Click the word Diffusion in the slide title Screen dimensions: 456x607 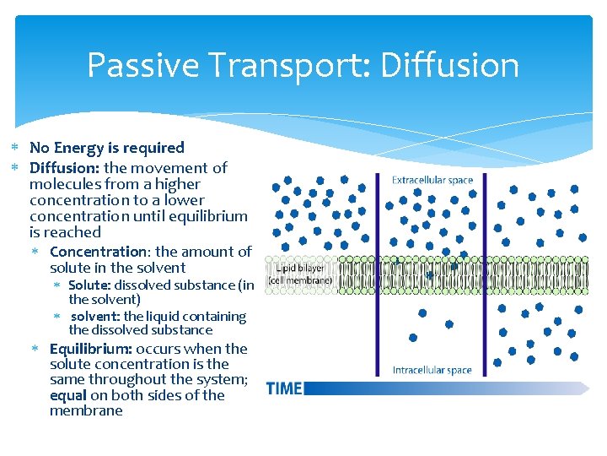pos(449,65)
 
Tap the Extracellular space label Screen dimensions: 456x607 pos(432,180)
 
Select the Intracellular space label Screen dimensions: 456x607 pos(432,370)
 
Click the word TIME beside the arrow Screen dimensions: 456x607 pos(283,388)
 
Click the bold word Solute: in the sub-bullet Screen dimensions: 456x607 pos(89,285)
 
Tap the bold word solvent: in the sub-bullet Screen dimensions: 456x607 pos(95,317)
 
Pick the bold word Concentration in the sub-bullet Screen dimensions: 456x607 pos(98,252)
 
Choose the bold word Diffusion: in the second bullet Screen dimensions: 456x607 pos(65,168)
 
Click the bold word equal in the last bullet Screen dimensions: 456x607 pos(67,395)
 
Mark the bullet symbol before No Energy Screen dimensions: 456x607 pos(14,148)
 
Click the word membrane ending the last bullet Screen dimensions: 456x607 pos(86,411)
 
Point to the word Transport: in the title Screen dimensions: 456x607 pos(282,65)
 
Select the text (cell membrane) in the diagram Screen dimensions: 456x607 pos(300,280)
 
